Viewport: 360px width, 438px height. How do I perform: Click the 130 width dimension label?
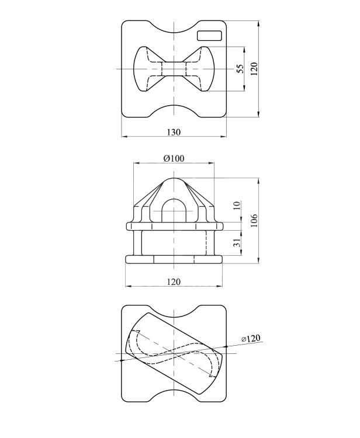pyautogui.click(x=174, y=132)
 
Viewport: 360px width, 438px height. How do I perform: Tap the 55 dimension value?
pyautogui.click(x=240, y=69)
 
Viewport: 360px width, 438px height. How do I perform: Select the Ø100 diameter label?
pyautogui.click(x=174, y=158)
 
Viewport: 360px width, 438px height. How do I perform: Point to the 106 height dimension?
pyautogui.click(x=254, y=220)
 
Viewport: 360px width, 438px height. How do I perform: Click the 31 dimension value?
pyautogui.click(x=237, y=242)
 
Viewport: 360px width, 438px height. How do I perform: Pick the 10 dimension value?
pyautogui.click(x=237, y=206)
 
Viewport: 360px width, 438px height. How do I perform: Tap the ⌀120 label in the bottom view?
pyautogui.click(x=251, y=339)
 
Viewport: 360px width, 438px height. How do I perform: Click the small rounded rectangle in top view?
pyautogui.click(x=209, y=36)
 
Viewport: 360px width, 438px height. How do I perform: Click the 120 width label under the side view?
pyautogui.click(x=174, y=281)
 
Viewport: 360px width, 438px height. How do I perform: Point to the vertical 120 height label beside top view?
pyautogui.click(x=254, y=69)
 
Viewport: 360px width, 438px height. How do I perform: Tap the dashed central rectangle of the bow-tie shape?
pyautogui.click(x=174, y=69)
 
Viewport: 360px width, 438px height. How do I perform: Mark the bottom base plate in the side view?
pyautogui.click(x=174, y=259)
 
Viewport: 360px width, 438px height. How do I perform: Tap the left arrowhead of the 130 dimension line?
pyautogui.click(x=124, y=137)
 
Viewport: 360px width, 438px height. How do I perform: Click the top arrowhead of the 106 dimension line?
pyautogui.click(x=259, y=180)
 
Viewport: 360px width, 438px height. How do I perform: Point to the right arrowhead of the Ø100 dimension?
pyautogui.click(x=212, y=163)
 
